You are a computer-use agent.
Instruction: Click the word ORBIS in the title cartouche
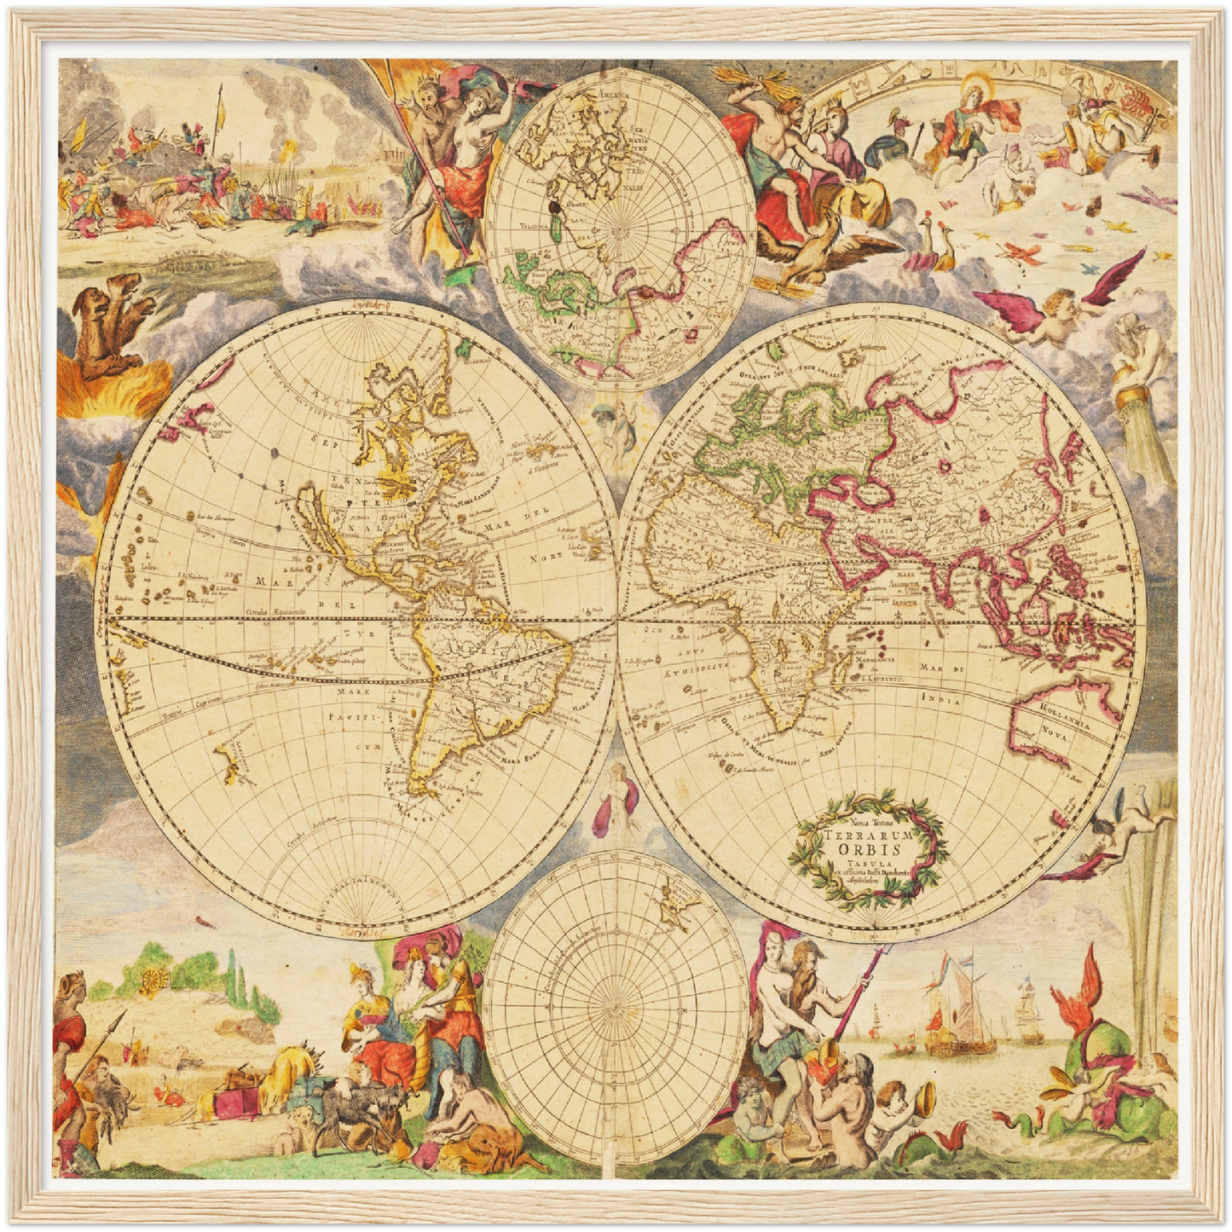pyautogui.click(x=869, y=850)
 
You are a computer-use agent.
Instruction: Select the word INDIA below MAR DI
pyautogui.click(x=941, y=699)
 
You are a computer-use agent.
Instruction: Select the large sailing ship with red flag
pyautogui.click(x=959, y=1006)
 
